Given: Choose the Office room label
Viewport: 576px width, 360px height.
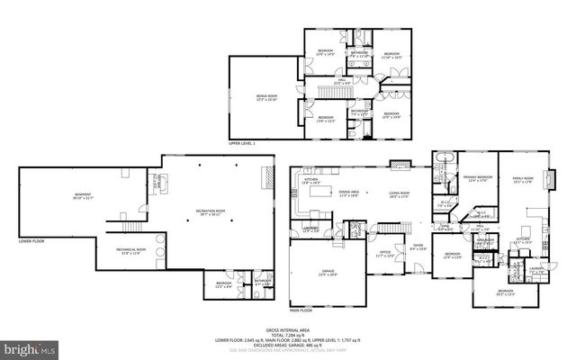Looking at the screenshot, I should pos(384,253).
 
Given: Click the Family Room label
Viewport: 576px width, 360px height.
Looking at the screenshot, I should pos(523,179).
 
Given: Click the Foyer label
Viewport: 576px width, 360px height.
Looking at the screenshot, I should pos(418,245).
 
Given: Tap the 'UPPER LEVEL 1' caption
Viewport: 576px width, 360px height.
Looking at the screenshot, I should pos(241,142).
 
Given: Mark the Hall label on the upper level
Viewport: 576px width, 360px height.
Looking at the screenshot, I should pos(342,80).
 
